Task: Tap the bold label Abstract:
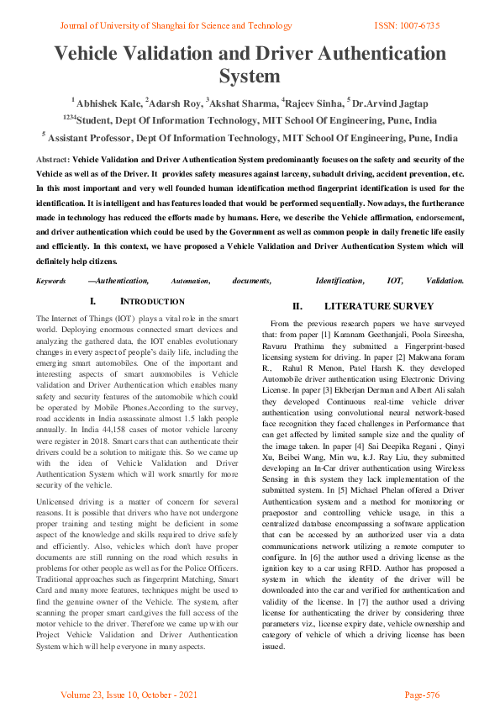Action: tap(54, 159)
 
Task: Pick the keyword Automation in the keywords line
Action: tap(190, 280)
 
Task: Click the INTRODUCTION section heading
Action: tap(152, 301)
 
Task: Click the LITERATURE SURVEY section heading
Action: tap(378, 306)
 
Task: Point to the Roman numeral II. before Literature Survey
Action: tap(297, 306)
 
